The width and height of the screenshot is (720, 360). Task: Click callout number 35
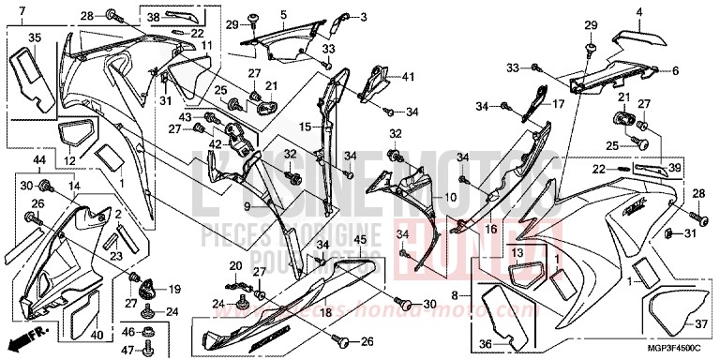coord(35,37)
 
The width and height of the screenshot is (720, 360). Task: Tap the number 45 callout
coord(361,240)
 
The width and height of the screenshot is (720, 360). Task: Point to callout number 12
coord(69,161)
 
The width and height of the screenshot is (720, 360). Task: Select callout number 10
coord(451,198)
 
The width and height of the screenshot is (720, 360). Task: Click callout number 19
coord(174,289)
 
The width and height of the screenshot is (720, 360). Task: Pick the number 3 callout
coord(364,17)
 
